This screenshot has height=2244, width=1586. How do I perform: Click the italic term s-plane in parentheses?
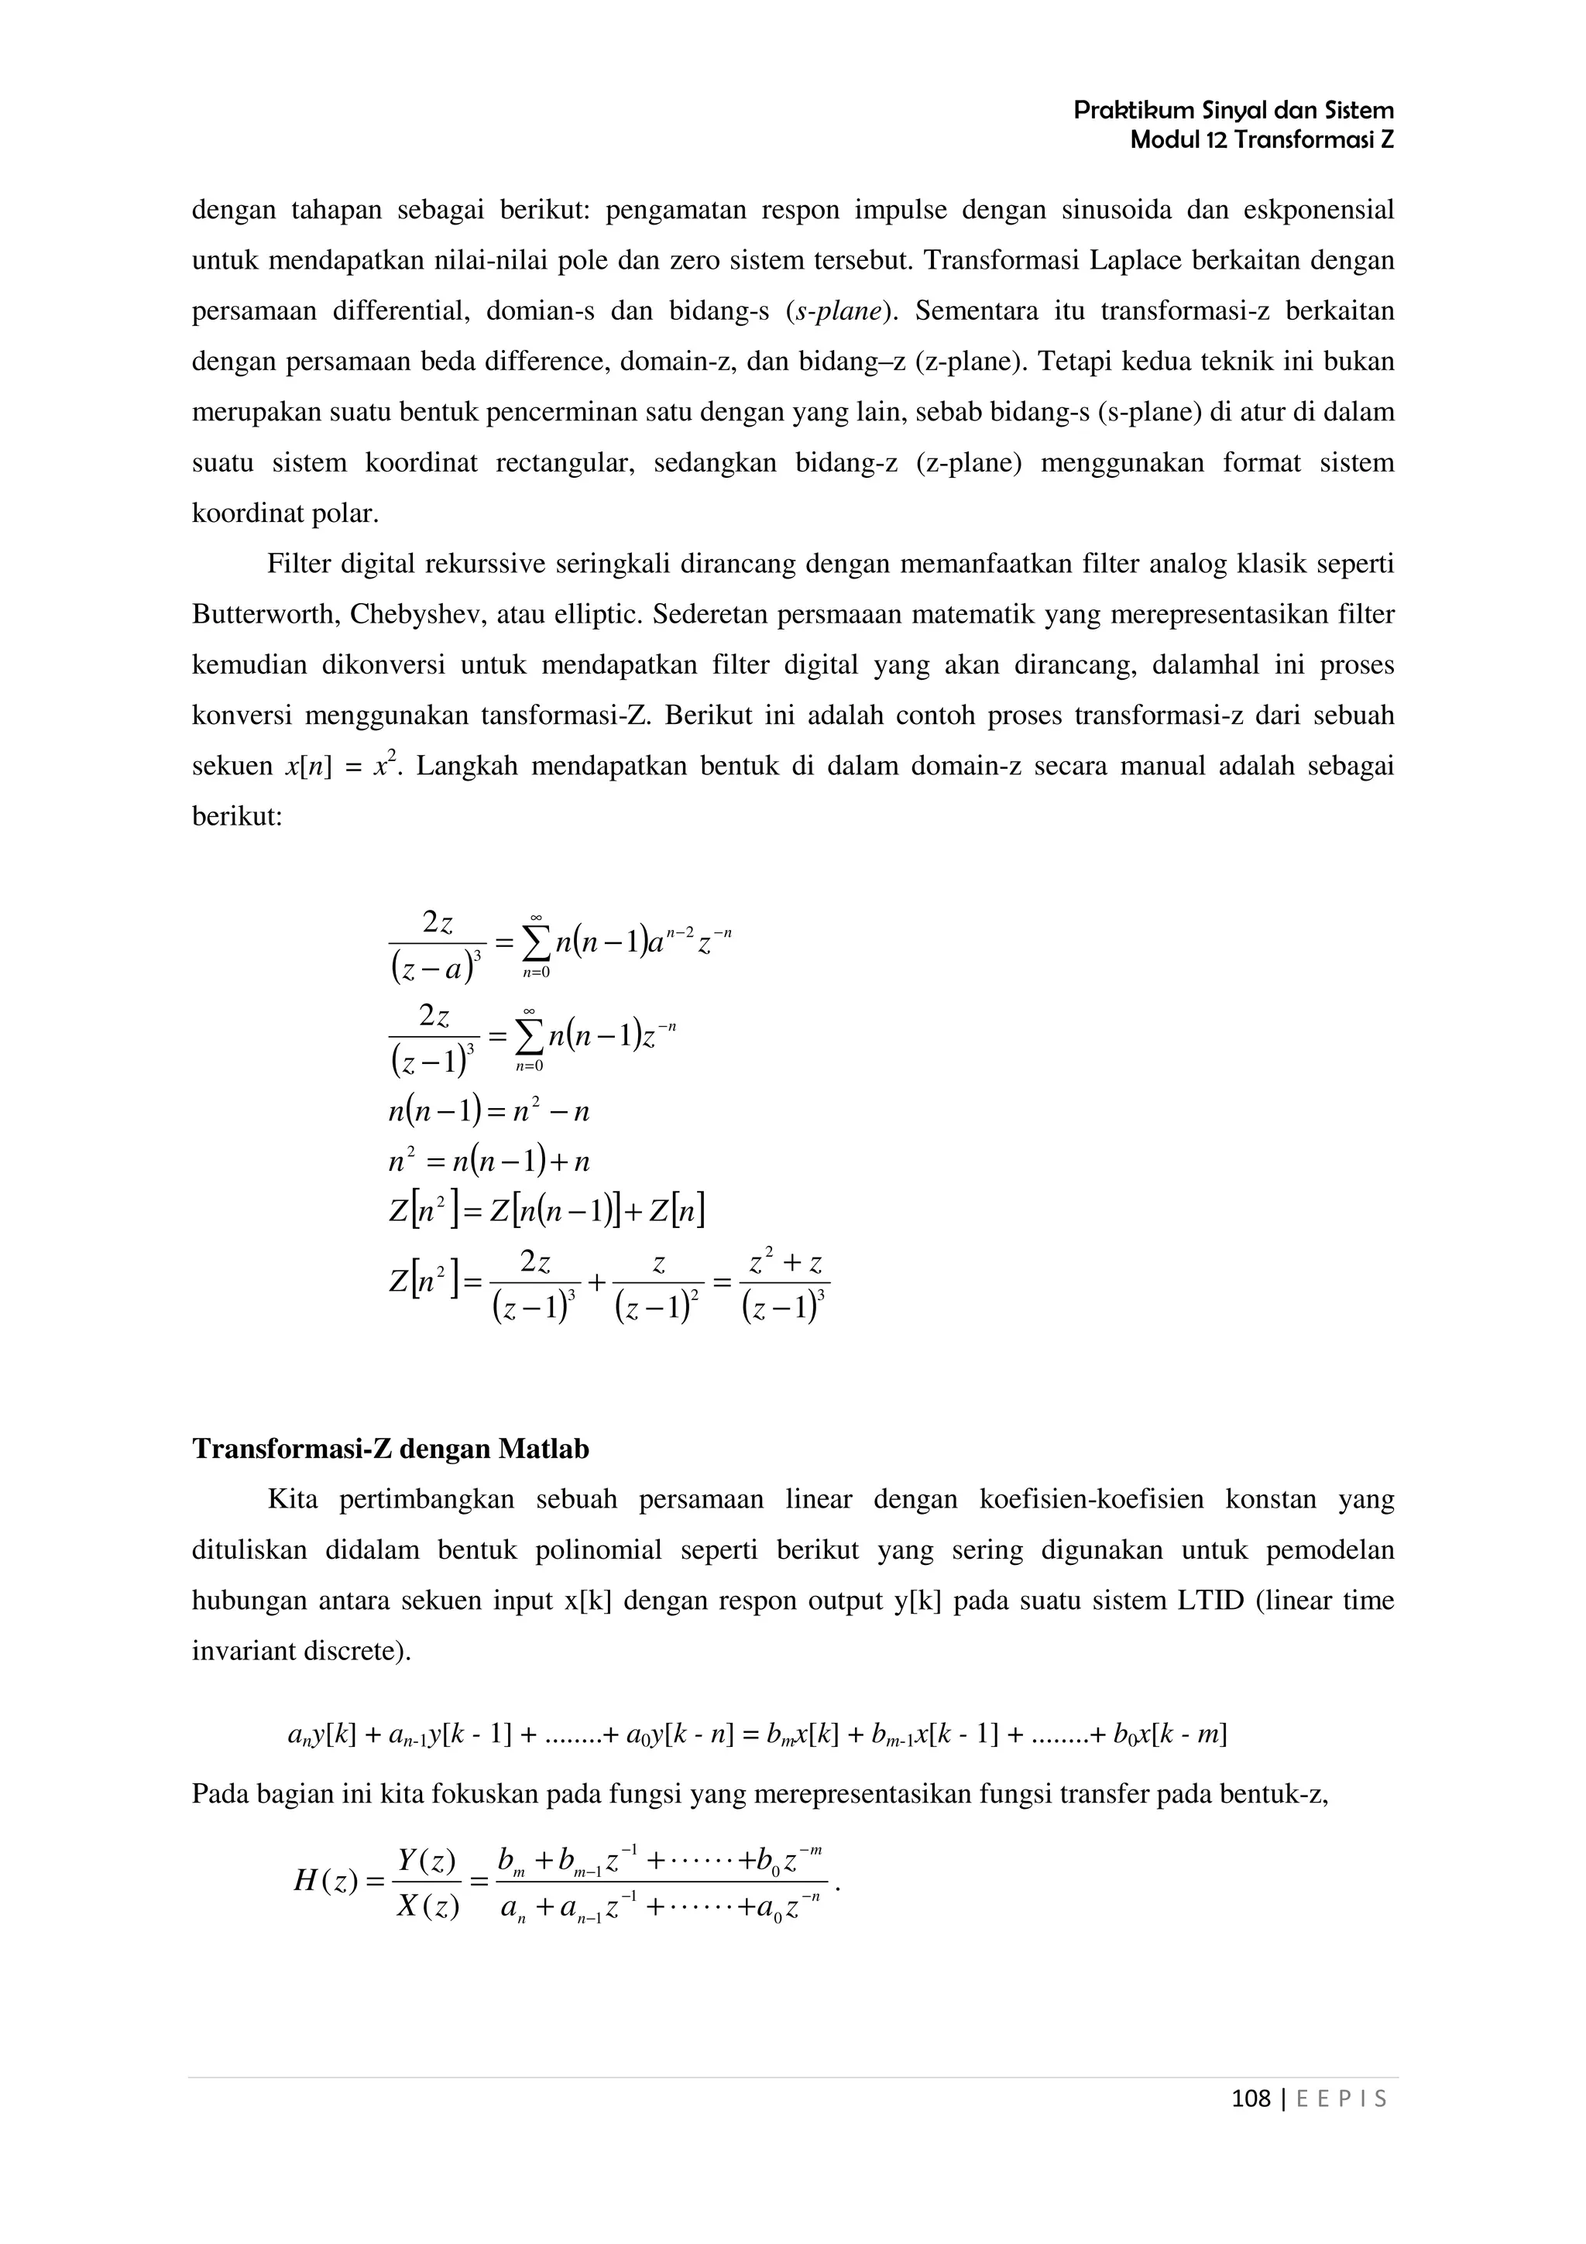coord(840,311)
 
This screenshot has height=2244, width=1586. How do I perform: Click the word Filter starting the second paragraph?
coord(298,564)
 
